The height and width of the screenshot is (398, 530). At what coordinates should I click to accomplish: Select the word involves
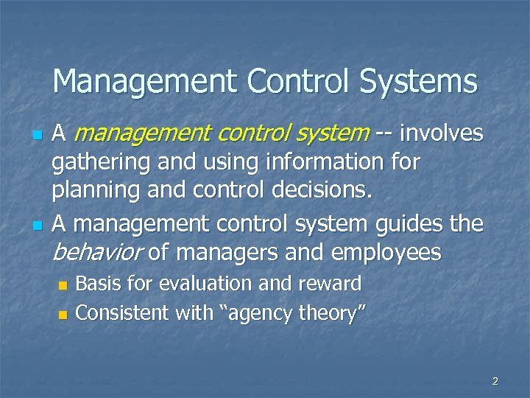(441, 133)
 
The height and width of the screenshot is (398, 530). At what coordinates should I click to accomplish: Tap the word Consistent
(121, 313)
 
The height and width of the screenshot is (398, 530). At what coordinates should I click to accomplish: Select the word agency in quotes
(254, 314)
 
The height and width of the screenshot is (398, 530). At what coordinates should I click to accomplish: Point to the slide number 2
(495, 381)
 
